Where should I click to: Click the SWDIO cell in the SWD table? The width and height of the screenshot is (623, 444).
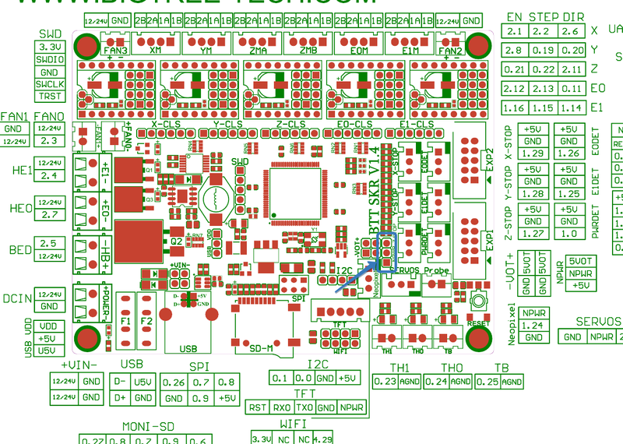pos(51,59)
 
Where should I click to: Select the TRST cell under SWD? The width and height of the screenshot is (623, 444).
pos(51,96)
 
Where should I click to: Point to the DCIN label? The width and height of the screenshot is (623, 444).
pos(16,298)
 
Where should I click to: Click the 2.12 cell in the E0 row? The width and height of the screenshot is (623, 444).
pos(515,88)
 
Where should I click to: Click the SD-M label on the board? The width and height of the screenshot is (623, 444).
pos(261,348)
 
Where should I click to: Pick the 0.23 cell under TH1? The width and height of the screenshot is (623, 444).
pos(385,382)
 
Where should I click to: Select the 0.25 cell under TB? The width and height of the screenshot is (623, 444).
pos(487,382)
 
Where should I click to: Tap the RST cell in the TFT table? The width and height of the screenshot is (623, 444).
pos(258,407)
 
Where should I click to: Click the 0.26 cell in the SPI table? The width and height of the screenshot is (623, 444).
pos(175,382)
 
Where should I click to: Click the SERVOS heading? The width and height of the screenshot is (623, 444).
pos(598,321)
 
